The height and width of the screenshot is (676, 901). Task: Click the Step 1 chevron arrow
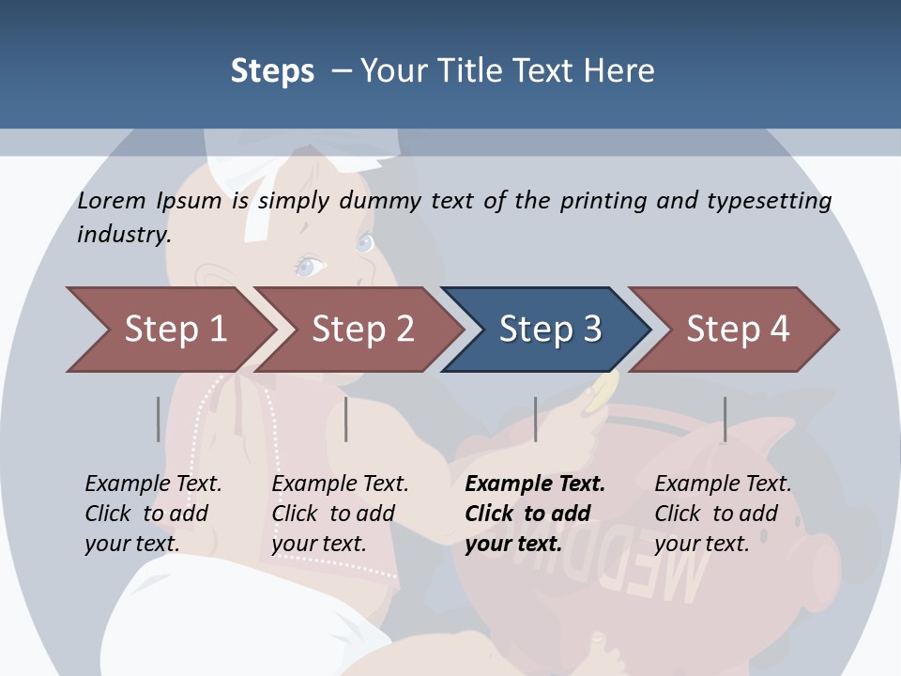point(169,330)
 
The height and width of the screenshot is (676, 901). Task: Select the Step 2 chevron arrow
point(361,330)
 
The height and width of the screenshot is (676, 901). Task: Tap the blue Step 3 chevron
point(549,330)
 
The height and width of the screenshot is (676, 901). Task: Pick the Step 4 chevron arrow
point(737,330)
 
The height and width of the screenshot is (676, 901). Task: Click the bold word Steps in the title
point(272,71)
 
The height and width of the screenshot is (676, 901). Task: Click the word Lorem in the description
point(112,200)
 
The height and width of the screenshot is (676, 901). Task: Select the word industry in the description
point(123,234)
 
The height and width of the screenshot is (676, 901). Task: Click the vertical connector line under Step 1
point(158,419)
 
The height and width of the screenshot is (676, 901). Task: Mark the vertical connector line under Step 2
point(346,419)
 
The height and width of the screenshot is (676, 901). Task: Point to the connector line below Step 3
point(535,419)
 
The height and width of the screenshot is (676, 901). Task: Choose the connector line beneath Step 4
point(725,419)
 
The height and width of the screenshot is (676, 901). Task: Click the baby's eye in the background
point(309,267)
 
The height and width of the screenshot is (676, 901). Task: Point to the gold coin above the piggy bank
point(602,392)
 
